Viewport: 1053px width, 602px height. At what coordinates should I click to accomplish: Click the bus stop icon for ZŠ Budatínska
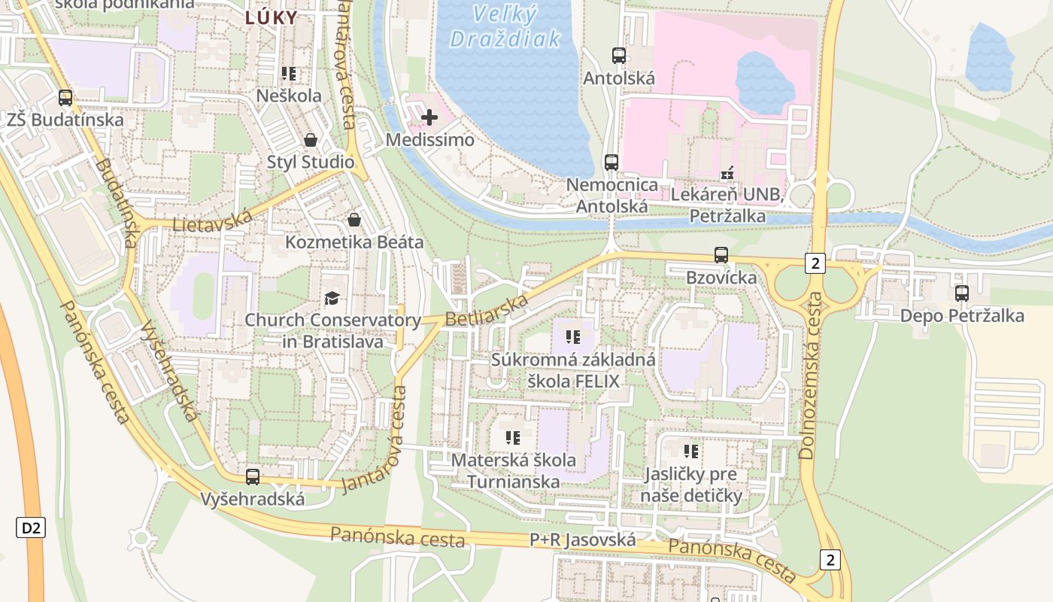click(65, 97)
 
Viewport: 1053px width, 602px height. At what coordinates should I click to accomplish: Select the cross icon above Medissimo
click(429, 117)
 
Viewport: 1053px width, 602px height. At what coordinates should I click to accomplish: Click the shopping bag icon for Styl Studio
click(310, 140)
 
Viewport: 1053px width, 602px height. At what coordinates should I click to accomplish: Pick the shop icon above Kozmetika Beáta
click(354, 220)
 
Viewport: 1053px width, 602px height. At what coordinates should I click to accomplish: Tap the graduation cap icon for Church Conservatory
click(332, 298)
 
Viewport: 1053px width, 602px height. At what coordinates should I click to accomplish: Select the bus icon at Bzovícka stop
click(721, 255)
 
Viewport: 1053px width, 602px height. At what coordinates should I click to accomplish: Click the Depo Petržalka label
click(962, 315)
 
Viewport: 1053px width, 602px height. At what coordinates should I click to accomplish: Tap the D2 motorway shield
click(31, 528)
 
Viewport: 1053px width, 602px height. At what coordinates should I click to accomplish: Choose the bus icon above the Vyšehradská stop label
click(253, 476)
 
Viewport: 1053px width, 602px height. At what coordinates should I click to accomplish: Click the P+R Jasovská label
click(583, 540)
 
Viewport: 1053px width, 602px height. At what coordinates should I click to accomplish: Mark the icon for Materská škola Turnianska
click(513, 437)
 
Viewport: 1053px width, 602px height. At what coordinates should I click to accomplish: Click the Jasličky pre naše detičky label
click(691, 485)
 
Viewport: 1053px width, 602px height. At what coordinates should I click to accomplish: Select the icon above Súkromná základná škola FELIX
click(573, 337)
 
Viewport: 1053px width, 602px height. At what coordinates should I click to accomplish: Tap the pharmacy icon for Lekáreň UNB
click(727, 174)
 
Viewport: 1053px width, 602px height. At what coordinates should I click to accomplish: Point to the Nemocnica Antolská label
click(611, 195)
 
